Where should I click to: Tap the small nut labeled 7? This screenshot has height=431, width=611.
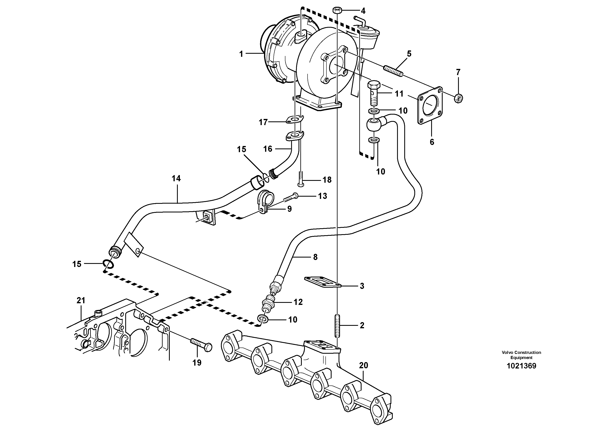(x=458, y=98)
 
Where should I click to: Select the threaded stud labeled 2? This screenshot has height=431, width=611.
(x=337, y=326)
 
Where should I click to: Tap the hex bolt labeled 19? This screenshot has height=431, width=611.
(x=201, y=345)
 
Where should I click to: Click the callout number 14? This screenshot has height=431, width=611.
(x=176, y=178)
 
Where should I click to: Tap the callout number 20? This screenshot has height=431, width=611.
(x=364, y=365)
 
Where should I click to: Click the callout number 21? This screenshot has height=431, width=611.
(x=81, y=301)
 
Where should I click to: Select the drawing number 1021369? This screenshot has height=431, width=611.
(x=521, y=366)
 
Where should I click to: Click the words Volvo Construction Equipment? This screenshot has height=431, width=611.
(x=521, y=355)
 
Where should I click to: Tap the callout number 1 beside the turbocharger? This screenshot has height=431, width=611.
(x=241, y=54)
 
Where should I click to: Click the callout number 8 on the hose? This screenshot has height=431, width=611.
(x=315, y=257)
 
